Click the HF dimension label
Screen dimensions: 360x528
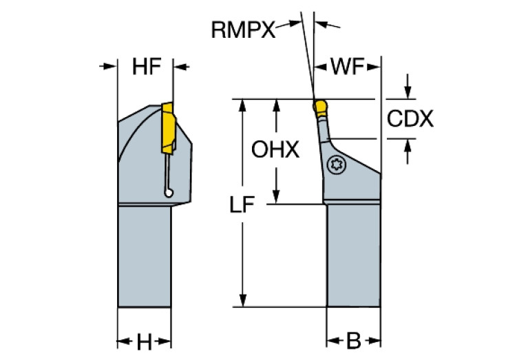pos(146,67)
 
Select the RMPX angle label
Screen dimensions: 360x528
pos(242,29)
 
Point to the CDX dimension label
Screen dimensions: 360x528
pos(410,119)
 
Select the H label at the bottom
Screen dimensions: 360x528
pos(144,341)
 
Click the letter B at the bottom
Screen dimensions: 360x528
pos(353,341)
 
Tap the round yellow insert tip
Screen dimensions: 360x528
pos(320,107)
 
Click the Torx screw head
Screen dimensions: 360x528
pos(336,164)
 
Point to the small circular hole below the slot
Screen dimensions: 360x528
pos(169,193)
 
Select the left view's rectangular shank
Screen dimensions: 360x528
pos(144,255)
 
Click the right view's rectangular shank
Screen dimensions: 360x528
pos(353,255)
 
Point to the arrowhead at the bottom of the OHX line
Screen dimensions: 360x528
pos(276,198)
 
